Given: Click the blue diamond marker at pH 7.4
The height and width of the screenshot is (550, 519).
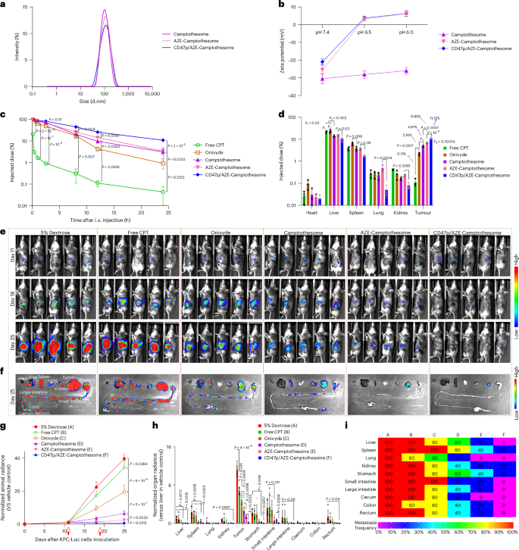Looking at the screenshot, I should pyautogui.click(x=322, y=61).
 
